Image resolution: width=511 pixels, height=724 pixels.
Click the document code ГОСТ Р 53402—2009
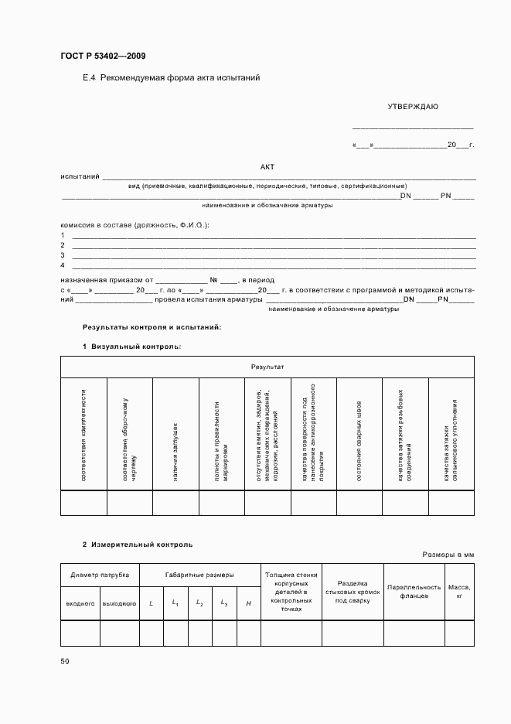click(x=102, y=56)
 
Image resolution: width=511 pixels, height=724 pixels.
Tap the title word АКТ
click(x=267, y=166)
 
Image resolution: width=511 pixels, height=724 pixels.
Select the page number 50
click(x=64, y=661)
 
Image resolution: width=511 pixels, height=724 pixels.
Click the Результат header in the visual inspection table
click(x=267, y=366)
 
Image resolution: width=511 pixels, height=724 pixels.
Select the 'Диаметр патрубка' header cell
click(x=100, y=575)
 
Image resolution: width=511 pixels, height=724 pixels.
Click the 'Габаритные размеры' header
click(x=199, y=575)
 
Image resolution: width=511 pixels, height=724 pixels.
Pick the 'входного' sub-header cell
click(x=80, y=603)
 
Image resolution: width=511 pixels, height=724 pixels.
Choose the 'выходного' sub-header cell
click(x=119, y=603)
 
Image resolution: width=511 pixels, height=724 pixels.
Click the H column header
click(x=247, y=603)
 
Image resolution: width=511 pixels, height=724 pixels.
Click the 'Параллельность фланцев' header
click(x=414, y=592)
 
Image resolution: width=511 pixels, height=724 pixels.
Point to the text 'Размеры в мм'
click(x=448, y=555)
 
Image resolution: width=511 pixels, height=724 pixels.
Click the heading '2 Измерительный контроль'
click(x=138, y=545)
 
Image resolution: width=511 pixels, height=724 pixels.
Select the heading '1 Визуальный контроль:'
click(x=132, y=346)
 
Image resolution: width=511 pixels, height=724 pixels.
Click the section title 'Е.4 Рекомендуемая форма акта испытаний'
click(x=171, y=78)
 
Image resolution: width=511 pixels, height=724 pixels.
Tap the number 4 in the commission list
click(x=63, y=265)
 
